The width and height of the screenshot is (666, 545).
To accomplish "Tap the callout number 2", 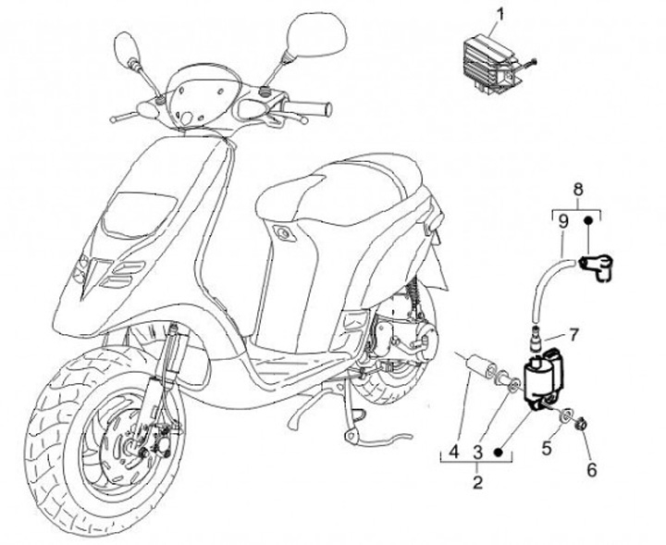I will (477, 480).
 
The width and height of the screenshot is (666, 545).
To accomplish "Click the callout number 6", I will (592, 469).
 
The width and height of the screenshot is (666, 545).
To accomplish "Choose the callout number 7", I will (573, 332).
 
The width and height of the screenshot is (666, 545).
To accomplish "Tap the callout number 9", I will (563, 222).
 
